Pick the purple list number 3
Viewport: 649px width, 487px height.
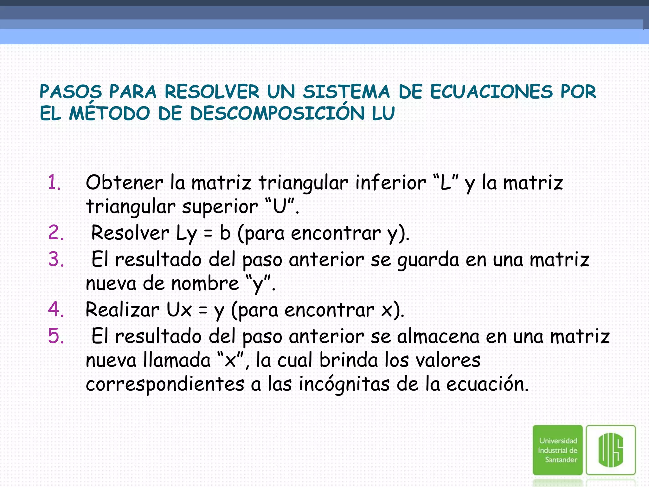tap(56, 259)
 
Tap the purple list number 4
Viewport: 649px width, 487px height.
tap(56, 309)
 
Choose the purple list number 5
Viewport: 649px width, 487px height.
tap(56, 336)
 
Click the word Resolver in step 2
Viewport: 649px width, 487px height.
tap(130, 233)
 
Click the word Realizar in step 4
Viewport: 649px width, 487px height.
tap(122, 309)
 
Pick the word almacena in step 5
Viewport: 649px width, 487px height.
tap(438, 336)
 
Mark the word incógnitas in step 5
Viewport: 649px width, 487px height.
tap(344, 384)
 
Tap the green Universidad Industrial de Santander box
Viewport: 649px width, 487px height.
tap(558, 450)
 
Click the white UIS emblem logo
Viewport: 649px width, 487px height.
tap(611, 450)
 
